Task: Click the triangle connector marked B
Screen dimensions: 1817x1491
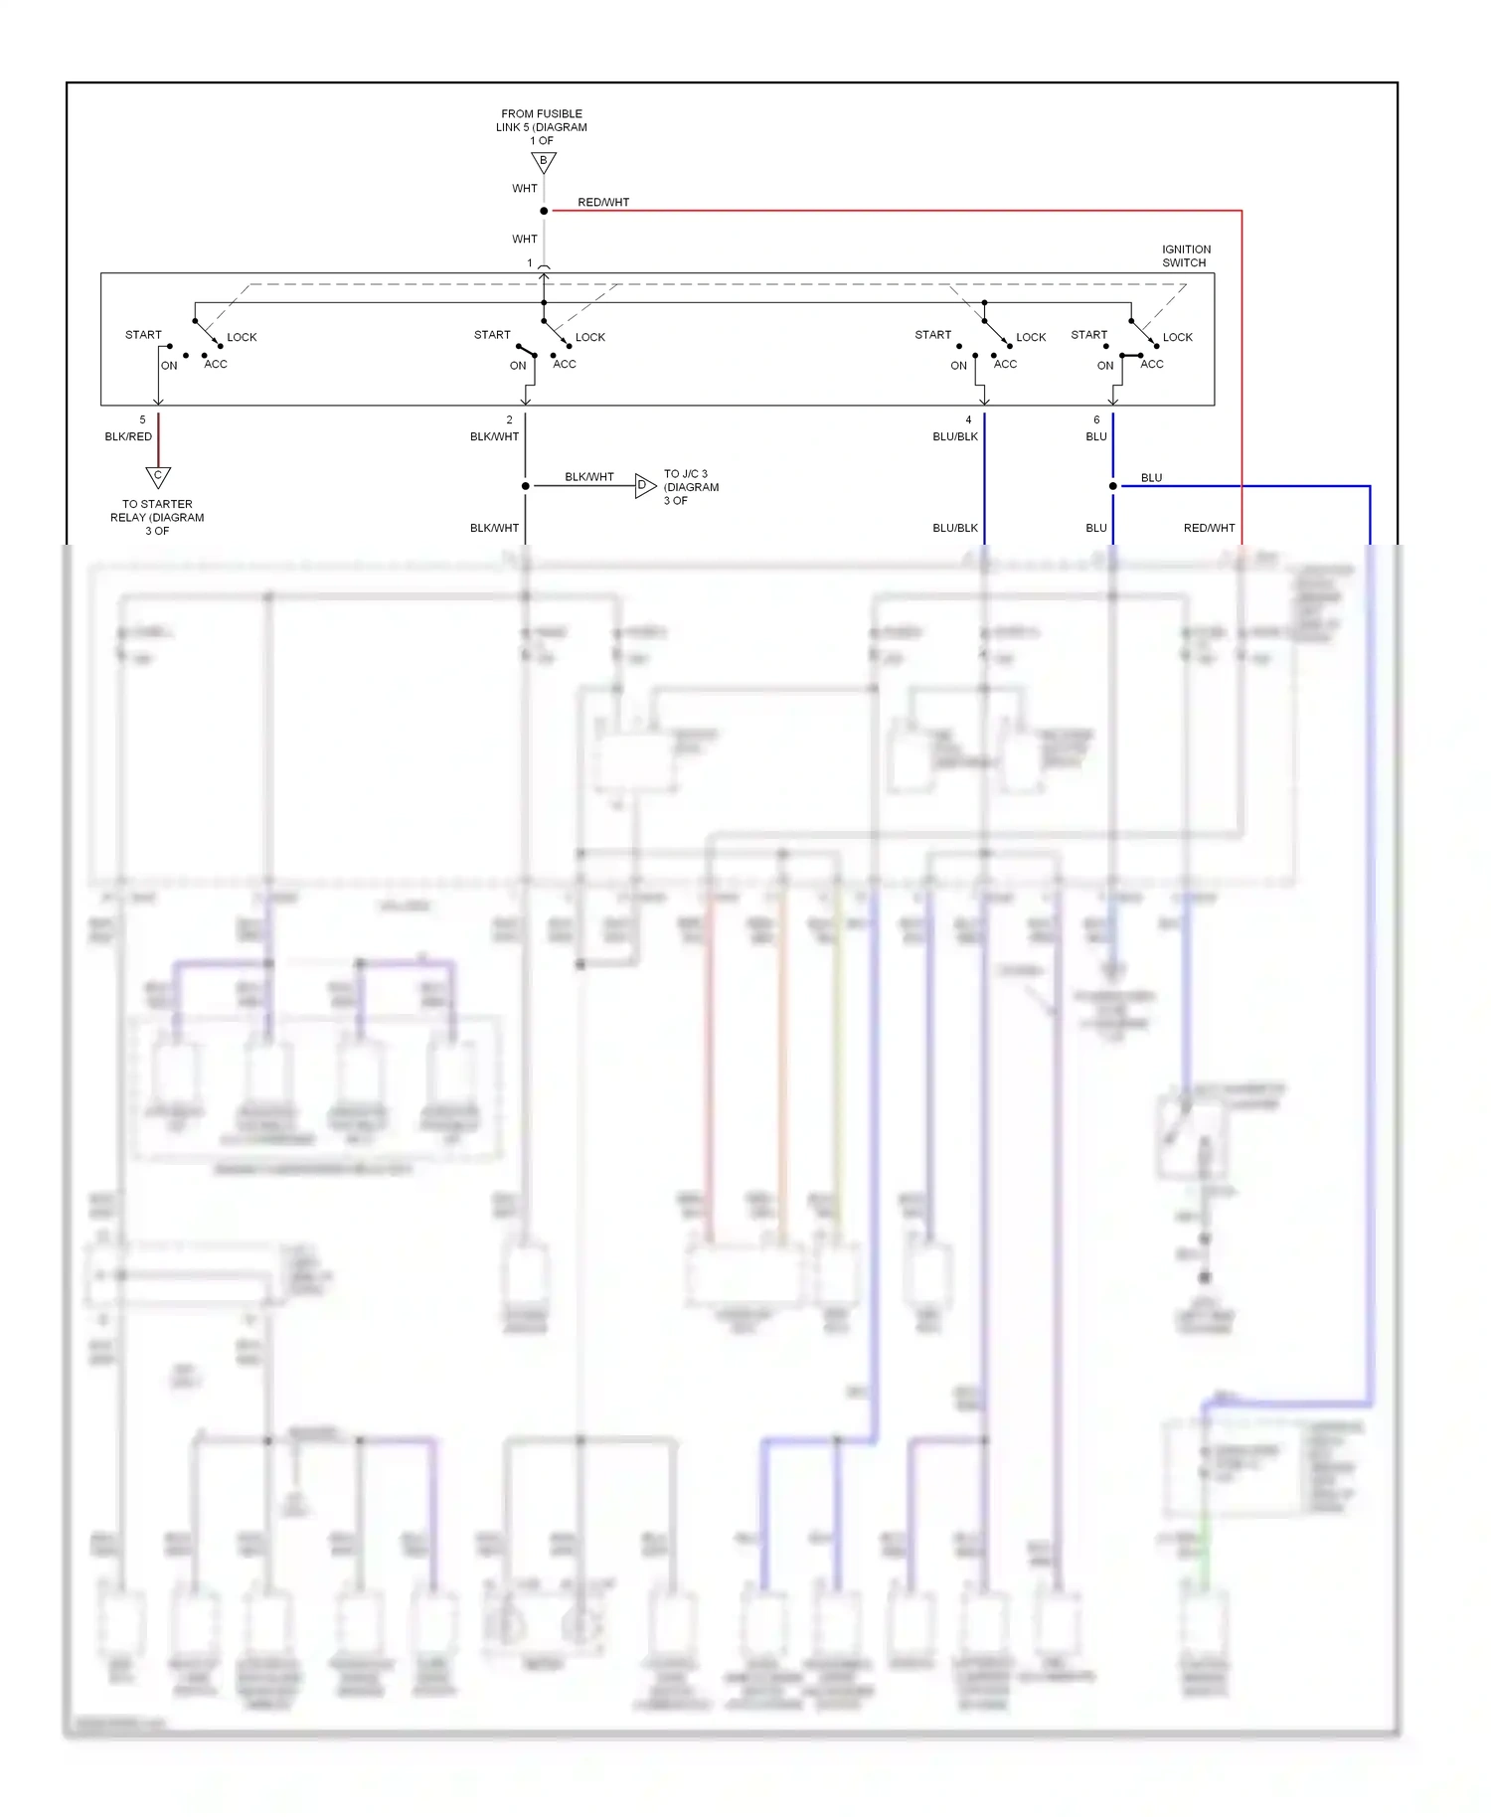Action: point(544,162)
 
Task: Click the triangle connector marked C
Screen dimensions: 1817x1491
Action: point(158,476)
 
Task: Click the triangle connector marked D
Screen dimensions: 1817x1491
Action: point(644,486)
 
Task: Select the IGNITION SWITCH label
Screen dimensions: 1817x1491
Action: point(1186,256)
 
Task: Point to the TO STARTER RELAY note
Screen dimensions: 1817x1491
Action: point(157,517)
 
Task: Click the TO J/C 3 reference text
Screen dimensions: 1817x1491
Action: point(691,487)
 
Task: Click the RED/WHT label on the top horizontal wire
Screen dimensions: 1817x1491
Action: point(603,202)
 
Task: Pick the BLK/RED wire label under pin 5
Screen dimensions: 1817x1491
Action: point(128,436)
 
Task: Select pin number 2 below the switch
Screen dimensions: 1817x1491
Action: point(509,419)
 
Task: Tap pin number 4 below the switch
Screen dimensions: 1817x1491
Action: point(968,419)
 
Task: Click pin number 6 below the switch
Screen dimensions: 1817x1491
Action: point(1096,419)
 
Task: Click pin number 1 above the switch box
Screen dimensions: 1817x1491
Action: point(530,263)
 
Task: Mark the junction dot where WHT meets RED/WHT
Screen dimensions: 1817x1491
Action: point(544,211)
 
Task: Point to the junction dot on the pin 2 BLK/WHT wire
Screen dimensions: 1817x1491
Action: point(525,486)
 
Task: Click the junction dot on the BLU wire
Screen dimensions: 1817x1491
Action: point(1112,486)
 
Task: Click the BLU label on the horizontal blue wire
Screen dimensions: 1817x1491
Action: point(1151,477)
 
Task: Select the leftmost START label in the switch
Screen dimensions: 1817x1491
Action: point(143,335)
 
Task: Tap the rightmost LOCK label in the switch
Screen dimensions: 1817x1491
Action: point(1178,337)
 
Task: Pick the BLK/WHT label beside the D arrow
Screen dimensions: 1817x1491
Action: point(589,477)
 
